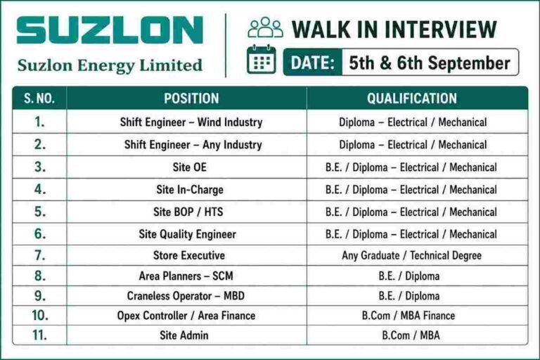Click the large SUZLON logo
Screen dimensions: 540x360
110,30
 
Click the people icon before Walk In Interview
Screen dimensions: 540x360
266,27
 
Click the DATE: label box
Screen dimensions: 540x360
313,63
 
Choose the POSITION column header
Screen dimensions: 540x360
191,98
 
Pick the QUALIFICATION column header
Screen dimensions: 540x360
412,98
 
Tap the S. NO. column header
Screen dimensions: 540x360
39,98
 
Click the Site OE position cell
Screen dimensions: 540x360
189,167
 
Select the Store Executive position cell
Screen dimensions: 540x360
188,256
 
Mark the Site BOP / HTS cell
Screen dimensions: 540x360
188,212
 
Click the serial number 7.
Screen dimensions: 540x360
39,255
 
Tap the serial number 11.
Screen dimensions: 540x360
39,335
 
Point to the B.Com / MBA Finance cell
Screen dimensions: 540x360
409,316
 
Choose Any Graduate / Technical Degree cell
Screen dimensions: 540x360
411,256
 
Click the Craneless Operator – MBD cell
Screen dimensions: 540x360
186,296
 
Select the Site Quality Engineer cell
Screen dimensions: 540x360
187,234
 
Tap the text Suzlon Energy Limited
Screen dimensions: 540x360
110,65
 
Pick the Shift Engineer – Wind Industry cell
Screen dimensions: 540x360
191,122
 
